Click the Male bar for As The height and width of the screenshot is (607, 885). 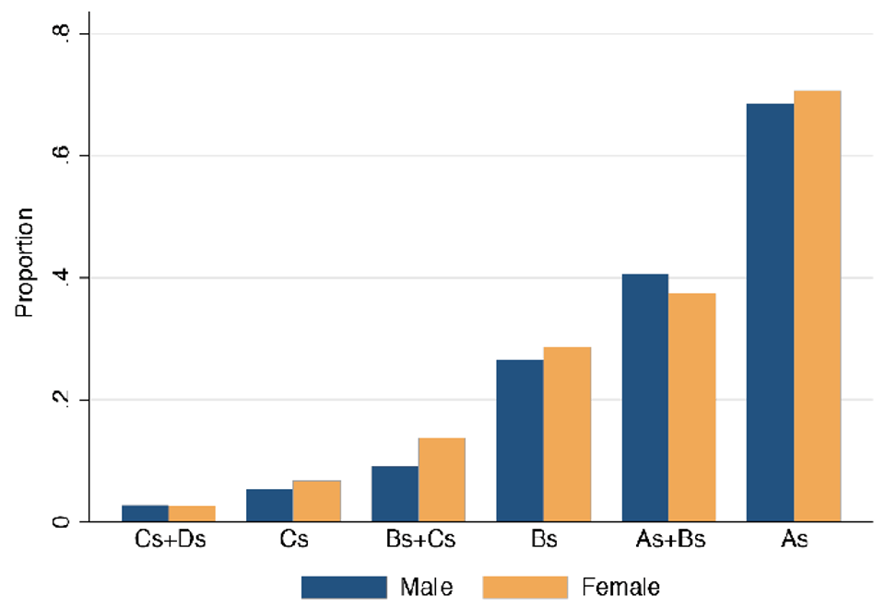(770, 313)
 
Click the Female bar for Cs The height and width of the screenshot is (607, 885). (317, 501)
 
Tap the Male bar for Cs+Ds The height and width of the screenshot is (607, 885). (145, 513)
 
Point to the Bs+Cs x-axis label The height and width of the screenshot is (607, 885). (419, 541)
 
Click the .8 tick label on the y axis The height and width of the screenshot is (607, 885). (60, 34)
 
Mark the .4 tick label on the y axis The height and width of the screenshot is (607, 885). (60, 278)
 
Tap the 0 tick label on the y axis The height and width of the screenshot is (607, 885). (60, 522)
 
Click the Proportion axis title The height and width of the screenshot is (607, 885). (25, 263)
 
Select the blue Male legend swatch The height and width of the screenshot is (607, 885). (344, 587)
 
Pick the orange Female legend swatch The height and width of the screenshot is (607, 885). (525, 587)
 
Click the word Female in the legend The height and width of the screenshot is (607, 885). (620, 587)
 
